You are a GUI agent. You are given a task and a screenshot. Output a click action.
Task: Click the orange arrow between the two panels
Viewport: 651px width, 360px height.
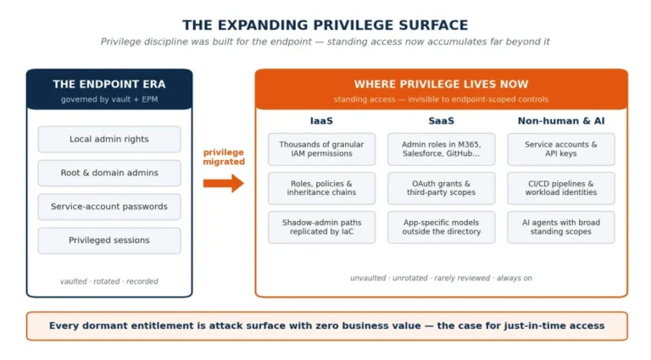(224, 183)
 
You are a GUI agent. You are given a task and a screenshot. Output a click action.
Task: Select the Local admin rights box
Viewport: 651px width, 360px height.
(109, 140)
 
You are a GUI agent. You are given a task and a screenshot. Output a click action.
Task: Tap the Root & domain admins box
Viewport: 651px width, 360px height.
(109, 173)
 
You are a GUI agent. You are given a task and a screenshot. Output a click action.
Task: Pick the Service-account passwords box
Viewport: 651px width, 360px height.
(109, 207)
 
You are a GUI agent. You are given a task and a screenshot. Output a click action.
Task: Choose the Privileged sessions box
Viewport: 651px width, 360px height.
(109, 240)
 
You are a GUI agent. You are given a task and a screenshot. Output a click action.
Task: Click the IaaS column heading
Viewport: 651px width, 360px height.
(321, 120)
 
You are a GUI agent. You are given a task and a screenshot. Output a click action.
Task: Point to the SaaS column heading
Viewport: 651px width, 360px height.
(442, 120)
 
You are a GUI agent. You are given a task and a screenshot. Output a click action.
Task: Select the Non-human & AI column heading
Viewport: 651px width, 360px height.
(561, 120)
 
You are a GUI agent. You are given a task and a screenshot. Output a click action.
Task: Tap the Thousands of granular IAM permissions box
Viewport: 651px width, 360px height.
(322, 149)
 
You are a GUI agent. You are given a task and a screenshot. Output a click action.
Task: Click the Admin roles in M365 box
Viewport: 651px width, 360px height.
(442, 149)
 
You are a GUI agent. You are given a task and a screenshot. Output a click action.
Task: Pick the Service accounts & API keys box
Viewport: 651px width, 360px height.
(561, 149)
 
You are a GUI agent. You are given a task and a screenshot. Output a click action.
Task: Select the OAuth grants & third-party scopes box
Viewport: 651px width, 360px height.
(442, 188)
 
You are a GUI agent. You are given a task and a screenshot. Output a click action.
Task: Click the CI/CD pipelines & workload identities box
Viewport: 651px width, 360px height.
(561, 188)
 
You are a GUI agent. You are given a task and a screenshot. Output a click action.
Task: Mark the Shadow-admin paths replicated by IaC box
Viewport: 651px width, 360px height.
(322, 227)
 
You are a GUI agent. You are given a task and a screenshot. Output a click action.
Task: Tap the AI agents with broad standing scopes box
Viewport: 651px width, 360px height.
(561, 227)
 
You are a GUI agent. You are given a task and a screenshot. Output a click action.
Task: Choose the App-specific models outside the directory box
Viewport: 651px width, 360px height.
(442, 227)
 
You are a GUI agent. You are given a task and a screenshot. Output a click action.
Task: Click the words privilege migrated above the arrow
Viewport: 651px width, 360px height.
(224, 158)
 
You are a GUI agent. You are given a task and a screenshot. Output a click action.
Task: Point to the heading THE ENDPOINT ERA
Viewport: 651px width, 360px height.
(109, 84)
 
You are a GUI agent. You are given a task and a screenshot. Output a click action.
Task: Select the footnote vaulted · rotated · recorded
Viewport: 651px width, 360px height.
(109, 281)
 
